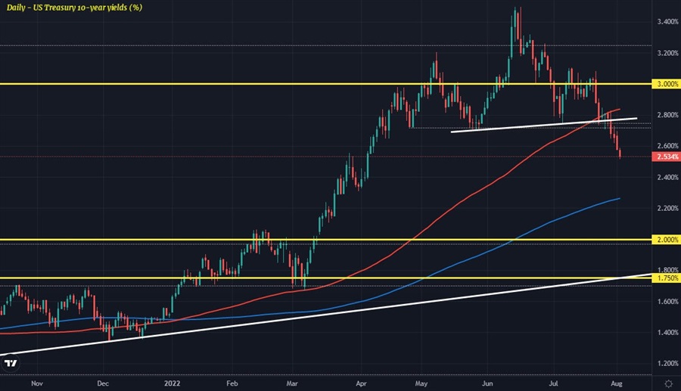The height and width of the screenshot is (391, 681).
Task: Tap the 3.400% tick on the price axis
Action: coord(667,22)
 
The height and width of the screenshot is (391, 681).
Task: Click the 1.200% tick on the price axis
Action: coord(667,364)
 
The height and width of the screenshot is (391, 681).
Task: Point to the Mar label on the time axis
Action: coord(292,383)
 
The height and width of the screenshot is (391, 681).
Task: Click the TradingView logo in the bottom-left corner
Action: coord(11,364)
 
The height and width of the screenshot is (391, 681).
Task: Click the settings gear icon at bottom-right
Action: coord(667,383)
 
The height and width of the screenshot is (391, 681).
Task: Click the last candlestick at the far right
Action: coord(620,154)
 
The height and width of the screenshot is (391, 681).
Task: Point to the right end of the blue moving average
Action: coord(619,199)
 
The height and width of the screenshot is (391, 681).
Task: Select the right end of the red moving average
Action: coord(620,110)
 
